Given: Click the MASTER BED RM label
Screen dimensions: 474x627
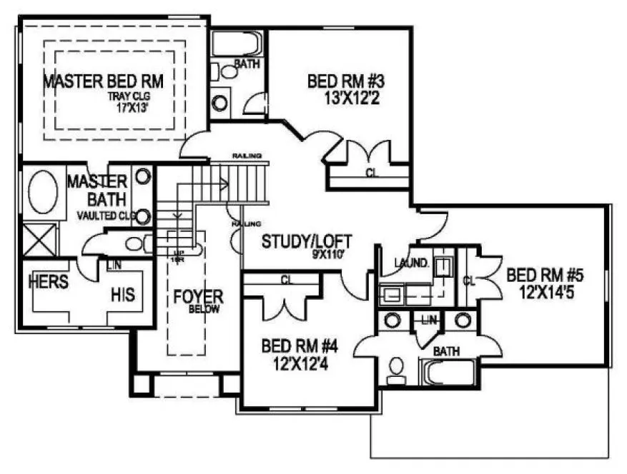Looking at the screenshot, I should [104, 81].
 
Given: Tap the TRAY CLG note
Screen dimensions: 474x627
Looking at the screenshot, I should [129, 97].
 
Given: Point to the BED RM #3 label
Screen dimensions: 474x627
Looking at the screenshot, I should [342, 80].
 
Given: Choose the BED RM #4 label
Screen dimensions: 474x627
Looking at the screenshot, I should [299, 347].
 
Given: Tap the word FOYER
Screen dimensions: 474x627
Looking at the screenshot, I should [198, 296].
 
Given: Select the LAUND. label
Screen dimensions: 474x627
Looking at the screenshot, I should [412, 262].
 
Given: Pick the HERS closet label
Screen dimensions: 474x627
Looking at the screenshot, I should [48, 282].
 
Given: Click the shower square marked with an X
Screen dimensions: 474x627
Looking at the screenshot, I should [40, 238].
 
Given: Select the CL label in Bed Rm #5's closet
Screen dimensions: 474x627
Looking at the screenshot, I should [469, 281].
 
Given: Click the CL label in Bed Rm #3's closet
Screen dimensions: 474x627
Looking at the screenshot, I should [370, 172].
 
